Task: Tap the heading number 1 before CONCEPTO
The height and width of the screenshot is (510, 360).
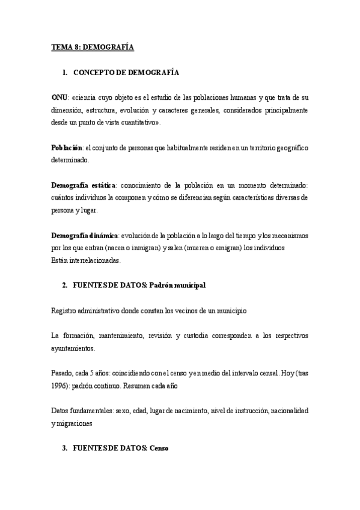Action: [64, 73]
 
